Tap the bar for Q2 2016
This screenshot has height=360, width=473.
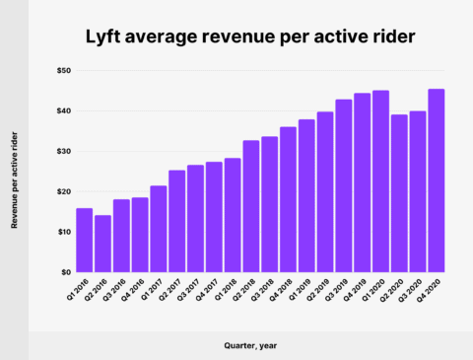102,244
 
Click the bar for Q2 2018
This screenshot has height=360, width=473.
251,206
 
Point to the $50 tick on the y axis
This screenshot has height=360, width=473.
63,71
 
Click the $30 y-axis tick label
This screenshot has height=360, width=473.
63,151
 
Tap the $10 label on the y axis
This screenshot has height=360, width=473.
63,232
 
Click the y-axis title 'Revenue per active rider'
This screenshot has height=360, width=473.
15,173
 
